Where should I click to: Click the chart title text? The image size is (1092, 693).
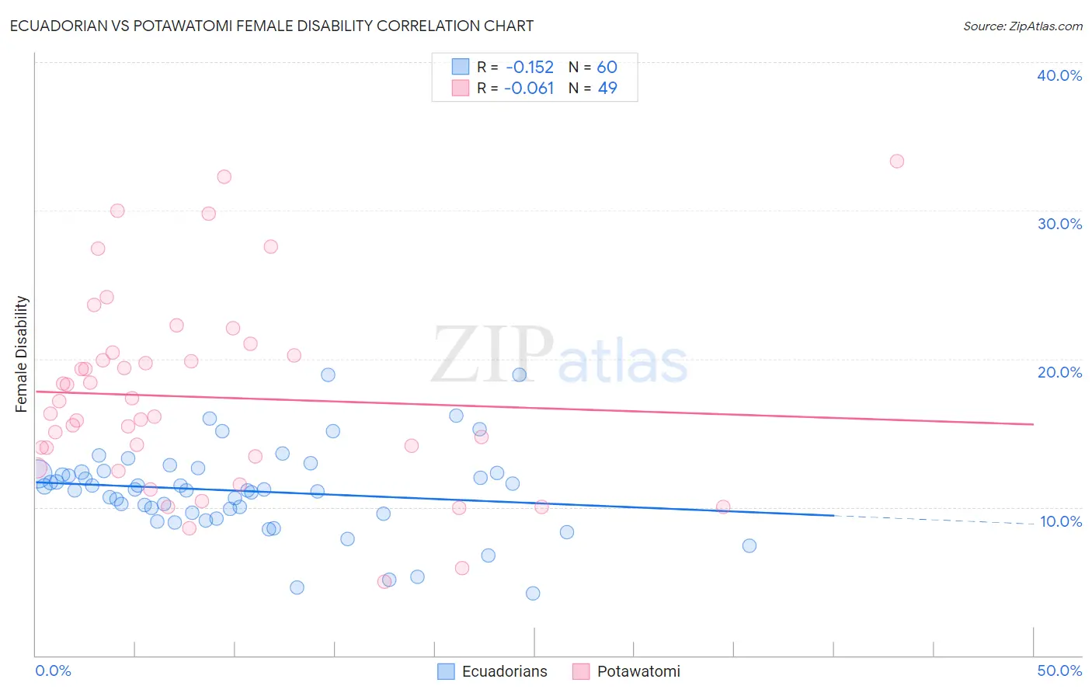tap(272, 26)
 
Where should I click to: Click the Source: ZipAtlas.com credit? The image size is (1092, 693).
tap(1022, 26)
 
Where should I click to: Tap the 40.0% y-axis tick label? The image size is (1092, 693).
tap(1059, 75)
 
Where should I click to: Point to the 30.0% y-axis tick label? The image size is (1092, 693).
tap(1059, 224)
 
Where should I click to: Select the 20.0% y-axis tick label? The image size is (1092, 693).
tap(1059, 372)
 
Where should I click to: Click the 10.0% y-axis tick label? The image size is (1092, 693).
tap(1060, 521)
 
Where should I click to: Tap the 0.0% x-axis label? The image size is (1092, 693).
tap(53, 670)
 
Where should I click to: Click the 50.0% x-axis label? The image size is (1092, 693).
tap(1059, 670)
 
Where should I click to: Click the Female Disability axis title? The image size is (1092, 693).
tap(22, 353)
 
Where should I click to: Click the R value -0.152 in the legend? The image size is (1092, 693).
tap(530, 68)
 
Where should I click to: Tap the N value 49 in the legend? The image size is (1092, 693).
tap(607, 89)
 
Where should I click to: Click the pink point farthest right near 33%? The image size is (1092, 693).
tap(896, 162)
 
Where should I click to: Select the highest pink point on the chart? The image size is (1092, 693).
tap(896, 162)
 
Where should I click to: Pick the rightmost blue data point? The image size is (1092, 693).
tap(749, 545)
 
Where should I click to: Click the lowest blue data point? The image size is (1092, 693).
tap(532, 594)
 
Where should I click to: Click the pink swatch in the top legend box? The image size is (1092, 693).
tap(461, 89)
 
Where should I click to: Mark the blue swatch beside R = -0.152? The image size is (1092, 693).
tap(461, 68)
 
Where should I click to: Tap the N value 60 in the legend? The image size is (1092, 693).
tap(607, 68)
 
